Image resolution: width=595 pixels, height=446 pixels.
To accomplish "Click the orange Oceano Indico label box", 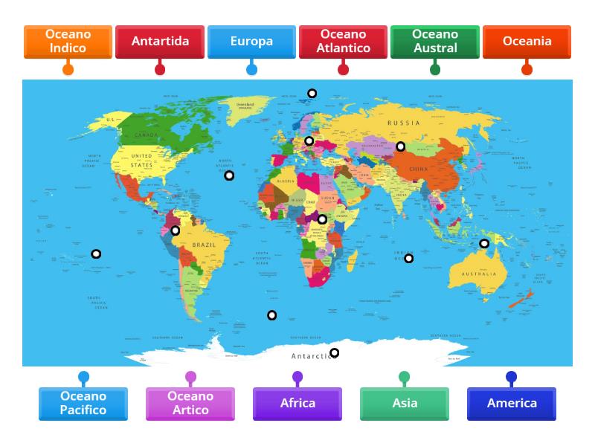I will tap(68, 42).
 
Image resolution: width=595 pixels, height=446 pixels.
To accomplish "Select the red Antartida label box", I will tap(160, 42).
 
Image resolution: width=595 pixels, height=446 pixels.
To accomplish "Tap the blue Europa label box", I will tap(251, 42).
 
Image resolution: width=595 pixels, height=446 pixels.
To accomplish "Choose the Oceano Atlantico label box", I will tap(344, 42).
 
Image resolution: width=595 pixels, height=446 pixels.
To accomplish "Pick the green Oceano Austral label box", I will tap(435, 42).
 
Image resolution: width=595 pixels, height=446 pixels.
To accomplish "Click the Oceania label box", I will tap(527, 42).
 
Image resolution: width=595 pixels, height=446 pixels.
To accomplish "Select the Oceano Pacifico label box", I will tap(83, 404).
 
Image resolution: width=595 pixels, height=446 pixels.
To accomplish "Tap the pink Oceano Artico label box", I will tap(190, 404).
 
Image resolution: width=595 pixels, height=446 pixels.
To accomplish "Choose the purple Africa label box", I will tap(297, 404).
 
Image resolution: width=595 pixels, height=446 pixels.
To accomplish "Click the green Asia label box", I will tap(405, 404).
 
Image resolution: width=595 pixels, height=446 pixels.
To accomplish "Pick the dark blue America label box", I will tap(512, 404).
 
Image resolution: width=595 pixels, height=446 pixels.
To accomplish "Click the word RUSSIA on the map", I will tap(404, 123).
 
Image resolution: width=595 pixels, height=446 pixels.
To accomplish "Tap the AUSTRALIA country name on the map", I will tap(478, 274).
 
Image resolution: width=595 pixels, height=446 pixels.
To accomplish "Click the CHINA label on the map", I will tap(419, 169).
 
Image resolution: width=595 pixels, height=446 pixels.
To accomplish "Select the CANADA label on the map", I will tap(146, 135).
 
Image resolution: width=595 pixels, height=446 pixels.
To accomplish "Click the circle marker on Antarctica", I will tap(335, 353).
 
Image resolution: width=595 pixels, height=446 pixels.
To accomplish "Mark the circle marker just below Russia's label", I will tap(400, 146).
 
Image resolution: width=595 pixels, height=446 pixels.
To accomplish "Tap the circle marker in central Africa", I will tap(322, 219).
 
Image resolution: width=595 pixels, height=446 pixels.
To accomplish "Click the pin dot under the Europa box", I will tap(251, 69).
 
